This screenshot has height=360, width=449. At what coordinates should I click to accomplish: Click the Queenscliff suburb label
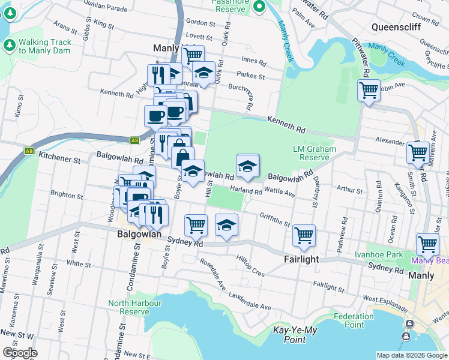click(x=396, y=27)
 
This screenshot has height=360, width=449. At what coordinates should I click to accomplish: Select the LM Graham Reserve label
click(x=311, y=153)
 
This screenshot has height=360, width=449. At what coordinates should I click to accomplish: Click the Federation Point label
click(x=354, y=320)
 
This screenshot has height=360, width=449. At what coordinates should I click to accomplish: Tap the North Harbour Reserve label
click(x=135, y=307)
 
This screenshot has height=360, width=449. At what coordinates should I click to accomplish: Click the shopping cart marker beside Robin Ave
click(x=369, y=91)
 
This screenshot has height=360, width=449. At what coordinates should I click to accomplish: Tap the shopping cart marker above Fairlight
click(x=304, y=235)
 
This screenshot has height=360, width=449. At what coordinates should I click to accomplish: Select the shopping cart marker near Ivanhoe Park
click(x=427, y=244)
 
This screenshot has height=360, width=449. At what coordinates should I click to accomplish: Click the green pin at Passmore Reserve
click(x=259, y=7)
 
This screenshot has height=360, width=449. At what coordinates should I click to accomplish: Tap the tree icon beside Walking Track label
click(x=10, y=45)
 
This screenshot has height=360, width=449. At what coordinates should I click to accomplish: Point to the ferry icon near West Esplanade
click(x=409, y=325)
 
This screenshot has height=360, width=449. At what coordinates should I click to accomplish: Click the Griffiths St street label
click(x=275, y=220)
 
